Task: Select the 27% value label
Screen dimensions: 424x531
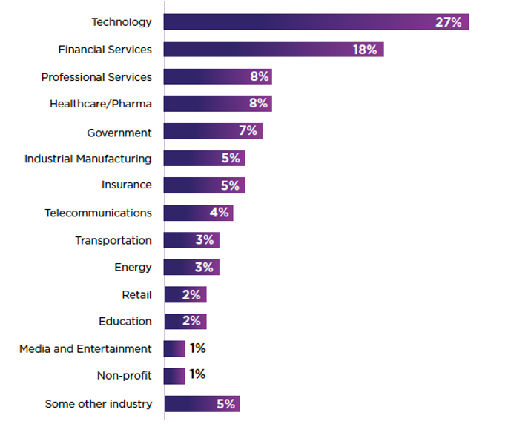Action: click(448, 22)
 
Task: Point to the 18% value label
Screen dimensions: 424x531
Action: click(365, 50)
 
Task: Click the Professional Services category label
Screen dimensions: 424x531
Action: click(96, 77)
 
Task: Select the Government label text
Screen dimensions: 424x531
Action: click(119, 133)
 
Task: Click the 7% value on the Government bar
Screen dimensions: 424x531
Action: click(248, 131)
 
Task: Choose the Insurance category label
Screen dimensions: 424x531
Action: click(126, 185)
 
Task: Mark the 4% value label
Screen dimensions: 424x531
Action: click(219, 213)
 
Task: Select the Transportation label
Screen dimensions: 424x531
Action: click(113, 240)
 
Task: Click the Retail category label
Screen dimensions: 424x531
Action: click(136, 294)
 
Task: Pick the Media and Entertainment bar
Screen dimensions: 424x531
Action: click(174, 348)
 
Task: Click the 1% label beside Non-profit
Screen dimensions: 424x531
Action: click(197, 375)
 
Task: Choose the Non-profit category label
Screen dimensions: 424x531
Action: click(124, 376)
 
